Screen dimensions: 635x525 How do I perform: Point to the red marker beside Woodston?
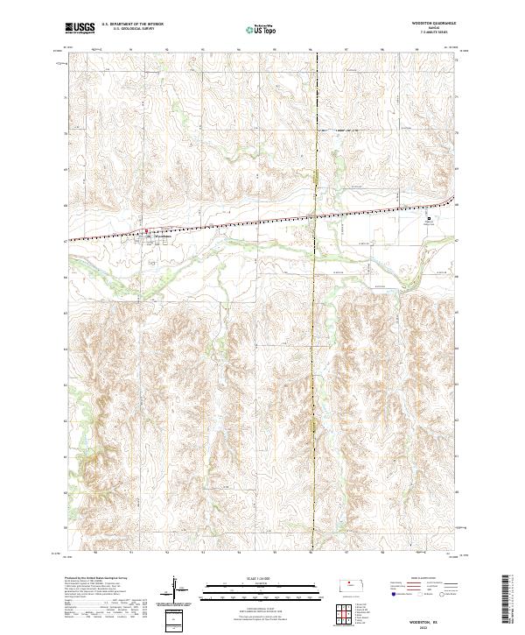tap(146, 232)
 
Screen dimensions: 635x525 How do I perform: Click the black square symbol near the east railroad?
tap(429, 218)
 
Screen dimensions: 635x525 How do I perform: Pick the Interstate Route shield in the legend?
tap(392, 592)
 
